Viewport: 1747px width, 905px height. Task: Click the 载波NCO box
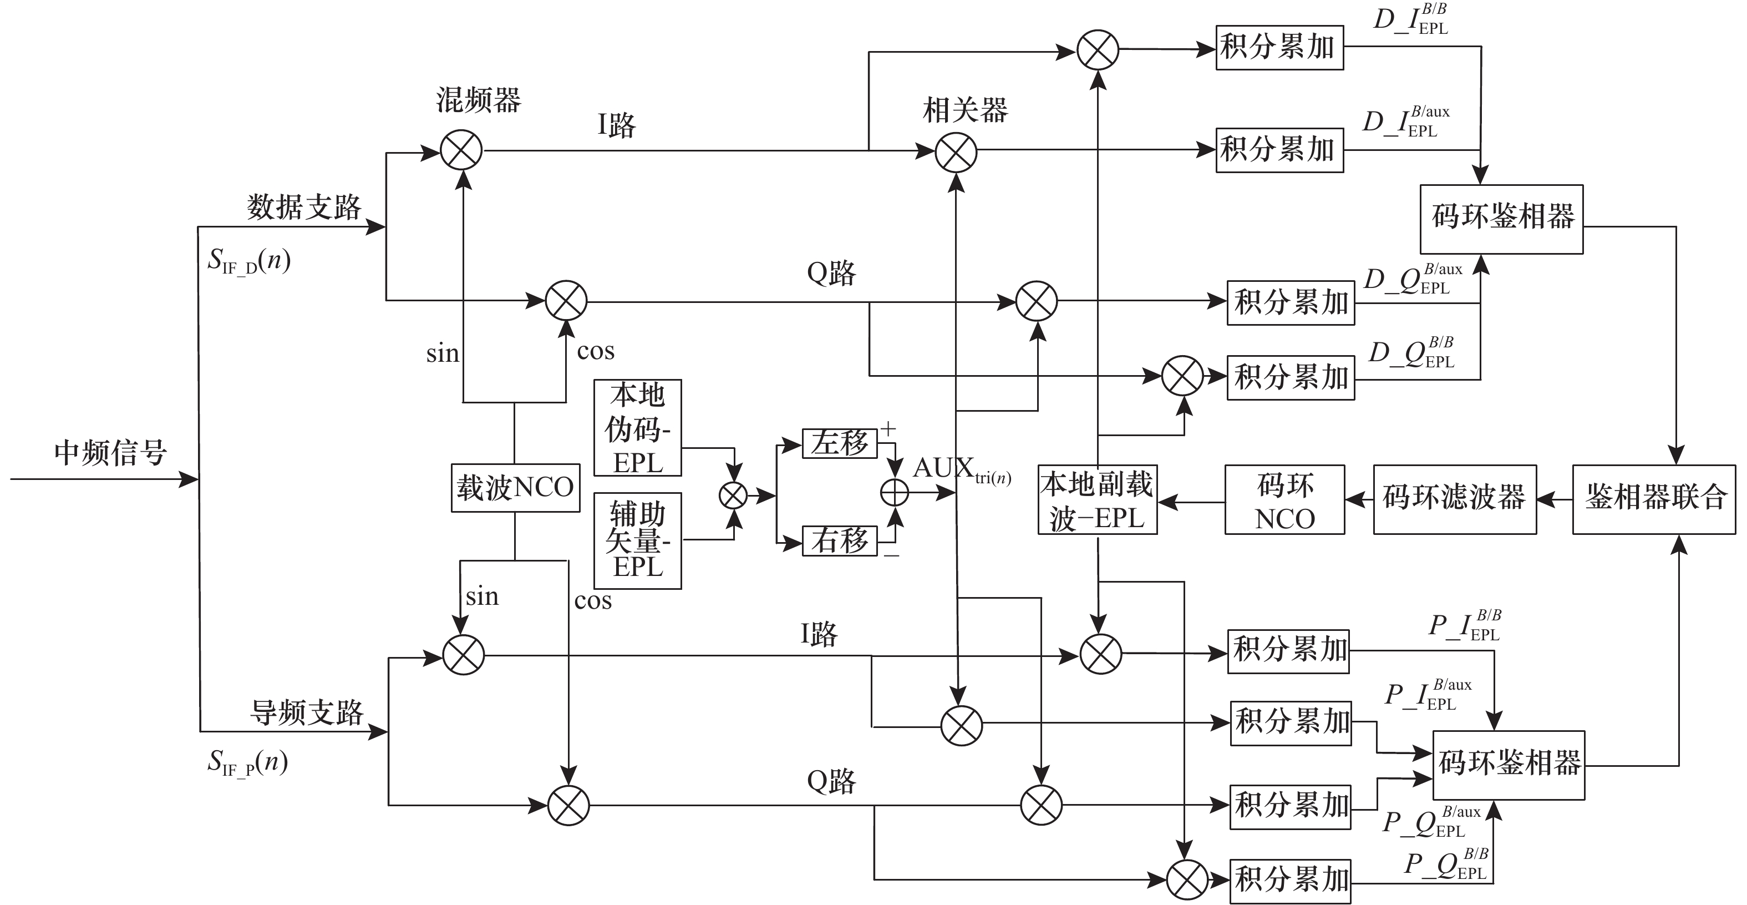pyautogui.click(x=515, y=488)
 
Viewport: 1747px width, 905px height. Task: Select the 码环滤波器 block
pyautogui.click(x=1455, y=499)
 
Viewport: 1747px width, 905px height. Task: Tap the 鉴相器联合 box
pyautogui.click(x=1653, y=499)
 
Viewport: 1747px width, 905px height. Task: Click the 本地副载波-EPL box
pyautogui.click(x=1098, y=500)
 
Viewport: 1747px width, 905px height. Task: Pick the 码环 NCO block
pyautogui.click(x=1284, y=500)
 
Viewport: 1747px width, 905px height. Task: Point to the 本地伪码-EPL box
pyautogui.click(x=637, y=428)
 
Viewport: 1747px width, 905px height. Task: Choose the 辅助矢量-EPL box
pyautogui.click(x=637, y=540)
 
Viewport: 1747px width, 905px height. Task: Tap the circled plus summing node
pyautogui.click(x=895, y=493)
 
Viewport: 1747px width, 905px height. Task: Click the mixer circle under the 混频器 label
pyautogui.click(x=461, y=150)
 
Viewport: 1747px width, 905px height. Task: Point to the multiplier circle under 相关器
pyautogui.click(x=956, y=152)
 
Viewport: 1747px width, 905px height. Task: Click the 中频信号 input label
pyautogui.click(x=110, y=453)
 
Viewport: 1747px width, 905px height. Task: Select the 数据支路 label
pyautogui.click(x=304, y=207)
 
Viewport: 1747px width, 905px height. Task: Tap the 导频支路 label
pyautogui.click(x=307, y=712)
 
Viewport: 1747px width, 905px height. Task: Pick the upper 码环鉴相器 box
pyautogui.click(x=1501, y=219)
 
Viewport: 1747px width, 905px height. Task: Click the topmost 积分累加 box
pyautogui.click(x=1279, y=48)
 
